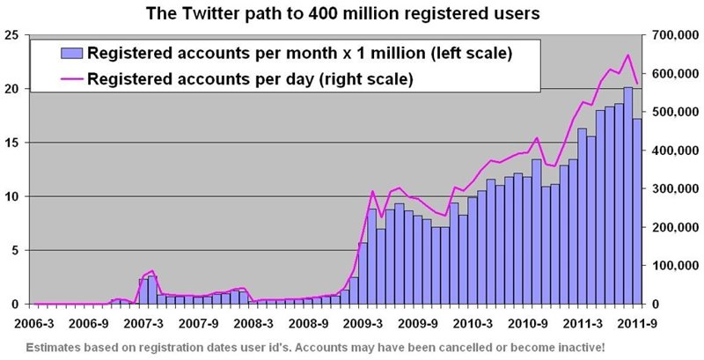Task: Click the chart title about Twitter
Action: click(x=352, y=13)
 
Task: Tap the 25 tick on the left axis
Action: click(x=11, y=35)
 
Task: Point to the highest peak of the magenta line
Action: click(x=627, y=55)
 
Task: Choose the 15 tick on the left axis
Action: click(x=11, y=143)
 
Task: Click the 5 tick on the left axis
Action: click(x=14, y=250)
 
